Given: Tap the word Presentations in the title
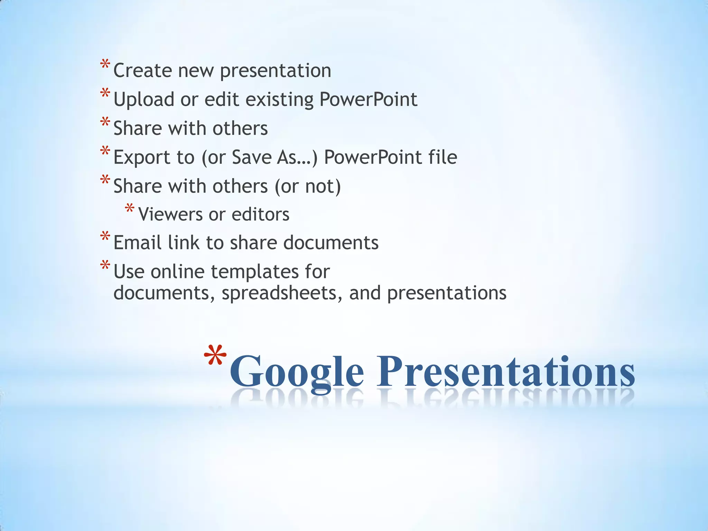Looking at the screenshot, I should [505, 371].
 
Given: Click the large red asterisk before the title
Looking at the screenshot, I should [215, 358].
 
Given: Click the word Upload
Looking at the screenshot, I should [144, 100].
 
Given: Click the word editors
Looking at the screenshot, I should [260, 214].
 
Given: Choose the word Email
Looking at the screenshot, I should [137, 243].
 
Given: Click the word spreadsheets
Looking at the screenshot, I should [282, 293].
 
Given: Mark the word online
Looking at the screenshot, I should [178, 272].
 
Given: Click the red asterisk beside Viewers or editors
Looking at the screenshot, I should [130, 209].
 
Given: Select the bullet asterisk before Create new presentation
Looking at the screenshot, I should [105, 65].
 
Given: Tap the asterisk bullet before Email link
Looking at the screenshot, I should [105, 237].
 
